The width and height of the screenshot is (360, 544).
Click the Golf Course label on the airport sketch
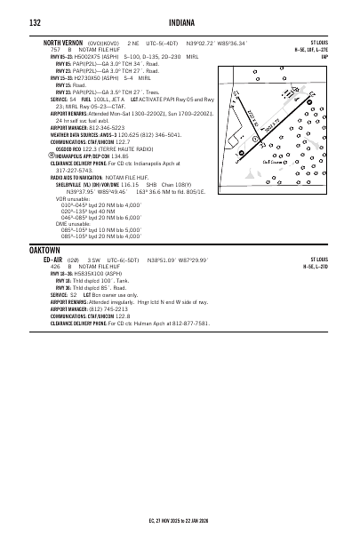tap(275, 161)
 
